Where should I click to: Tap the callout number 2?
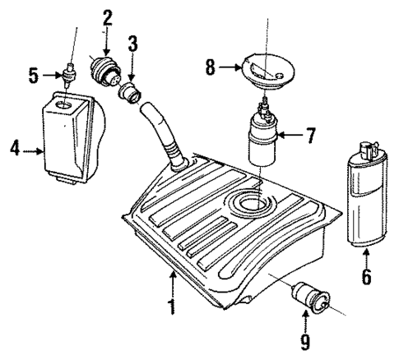coord(107,16)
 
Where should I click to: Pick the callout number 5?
coord(34,76)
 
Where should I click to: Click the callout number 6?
coord(366,277)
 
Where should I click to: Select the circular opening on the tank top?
coord(251,202)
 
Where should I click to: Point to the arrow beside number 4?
coord(34,150)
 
